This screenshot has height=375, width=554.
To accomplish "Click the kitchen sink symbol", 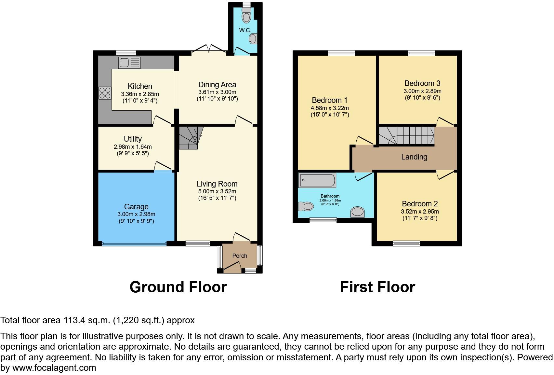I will pos(129,62).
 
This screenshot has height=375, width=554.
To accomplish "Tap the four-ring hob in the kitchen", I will pos(105,93).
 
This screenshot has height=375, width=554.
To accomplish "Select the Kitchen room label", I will pos(140,86).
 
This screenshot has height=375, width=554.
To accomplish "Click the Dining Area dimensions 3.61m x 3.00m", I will pos(217,92).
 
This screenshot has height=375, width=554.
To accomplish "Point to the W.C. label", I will pos(245,30).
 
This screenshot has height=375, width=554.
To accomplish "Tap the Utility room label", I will pos(133,139).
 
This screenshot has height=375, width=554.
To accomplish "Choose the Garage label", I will pos(136,207).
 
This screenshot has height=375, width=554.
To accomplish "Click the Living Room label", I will pos(217,184).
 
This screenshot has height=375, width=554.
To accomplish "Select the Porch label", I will pos(240,256).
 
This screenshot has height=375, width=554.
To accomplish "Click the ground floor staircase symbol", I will pos(190,138).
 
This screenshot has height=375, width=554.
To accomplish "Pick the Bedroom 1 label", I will pos(327,100).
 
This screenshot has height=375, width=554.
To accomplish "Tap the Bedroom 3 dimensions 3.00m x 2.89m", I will pos(422,91).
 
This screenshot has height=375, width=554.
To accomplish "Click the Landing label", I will pos(414,157).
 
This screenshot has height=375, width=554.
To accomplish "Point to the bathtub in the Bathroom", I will pos(317,180).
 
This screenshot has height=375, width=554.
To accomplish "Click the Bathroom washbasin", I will pos(357,212).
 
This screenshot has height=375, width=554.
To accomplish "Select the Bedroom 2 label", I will pos(420,204).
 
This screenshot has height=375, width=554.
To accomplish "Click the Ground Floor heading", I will pos(178,287).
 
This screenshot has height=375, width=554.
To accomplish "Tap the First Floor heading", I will pos(377,287).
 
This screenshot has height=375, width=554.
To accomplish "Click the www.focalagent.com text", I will pos(54,368).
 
